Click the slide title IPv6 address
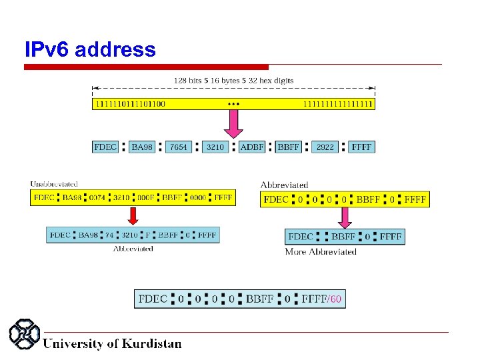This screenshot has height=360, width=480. click(90, 50)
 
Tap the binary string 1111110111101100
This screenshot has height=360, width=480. click(129, 104)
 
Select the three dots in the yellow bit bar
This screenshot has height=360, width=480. click(233, 104)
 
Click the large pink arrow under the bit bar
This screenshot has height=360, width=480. click(233, 123)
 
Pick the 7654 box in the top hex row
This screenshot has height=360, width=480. click(179, 147)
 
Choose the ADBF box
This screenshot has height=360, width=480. click(251, 147)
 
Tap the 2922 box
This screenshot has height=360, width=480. click(325, 147)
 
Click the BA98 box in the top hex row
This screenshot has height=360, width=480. click(142, 147)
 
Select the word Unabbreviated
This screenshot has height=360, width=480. click(54, 184)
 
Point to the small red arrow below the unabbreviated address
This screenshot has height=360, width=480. click(133, 216)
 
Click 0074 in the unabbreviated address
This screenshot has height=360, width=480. click(97, 198)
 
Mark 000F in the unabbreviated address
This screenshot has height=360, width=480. click(145, 198)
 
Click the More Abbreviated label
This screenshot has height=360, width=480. click(321, 252)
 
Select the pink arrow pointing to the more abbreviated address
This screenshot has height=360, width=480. click(345, 217)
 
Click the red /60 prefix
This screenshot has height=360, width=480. click(335, 299)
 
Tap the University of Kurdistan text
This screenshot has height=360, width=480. click(112, 344)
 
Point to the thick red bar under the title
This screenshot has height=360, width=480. click(146, 67)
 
